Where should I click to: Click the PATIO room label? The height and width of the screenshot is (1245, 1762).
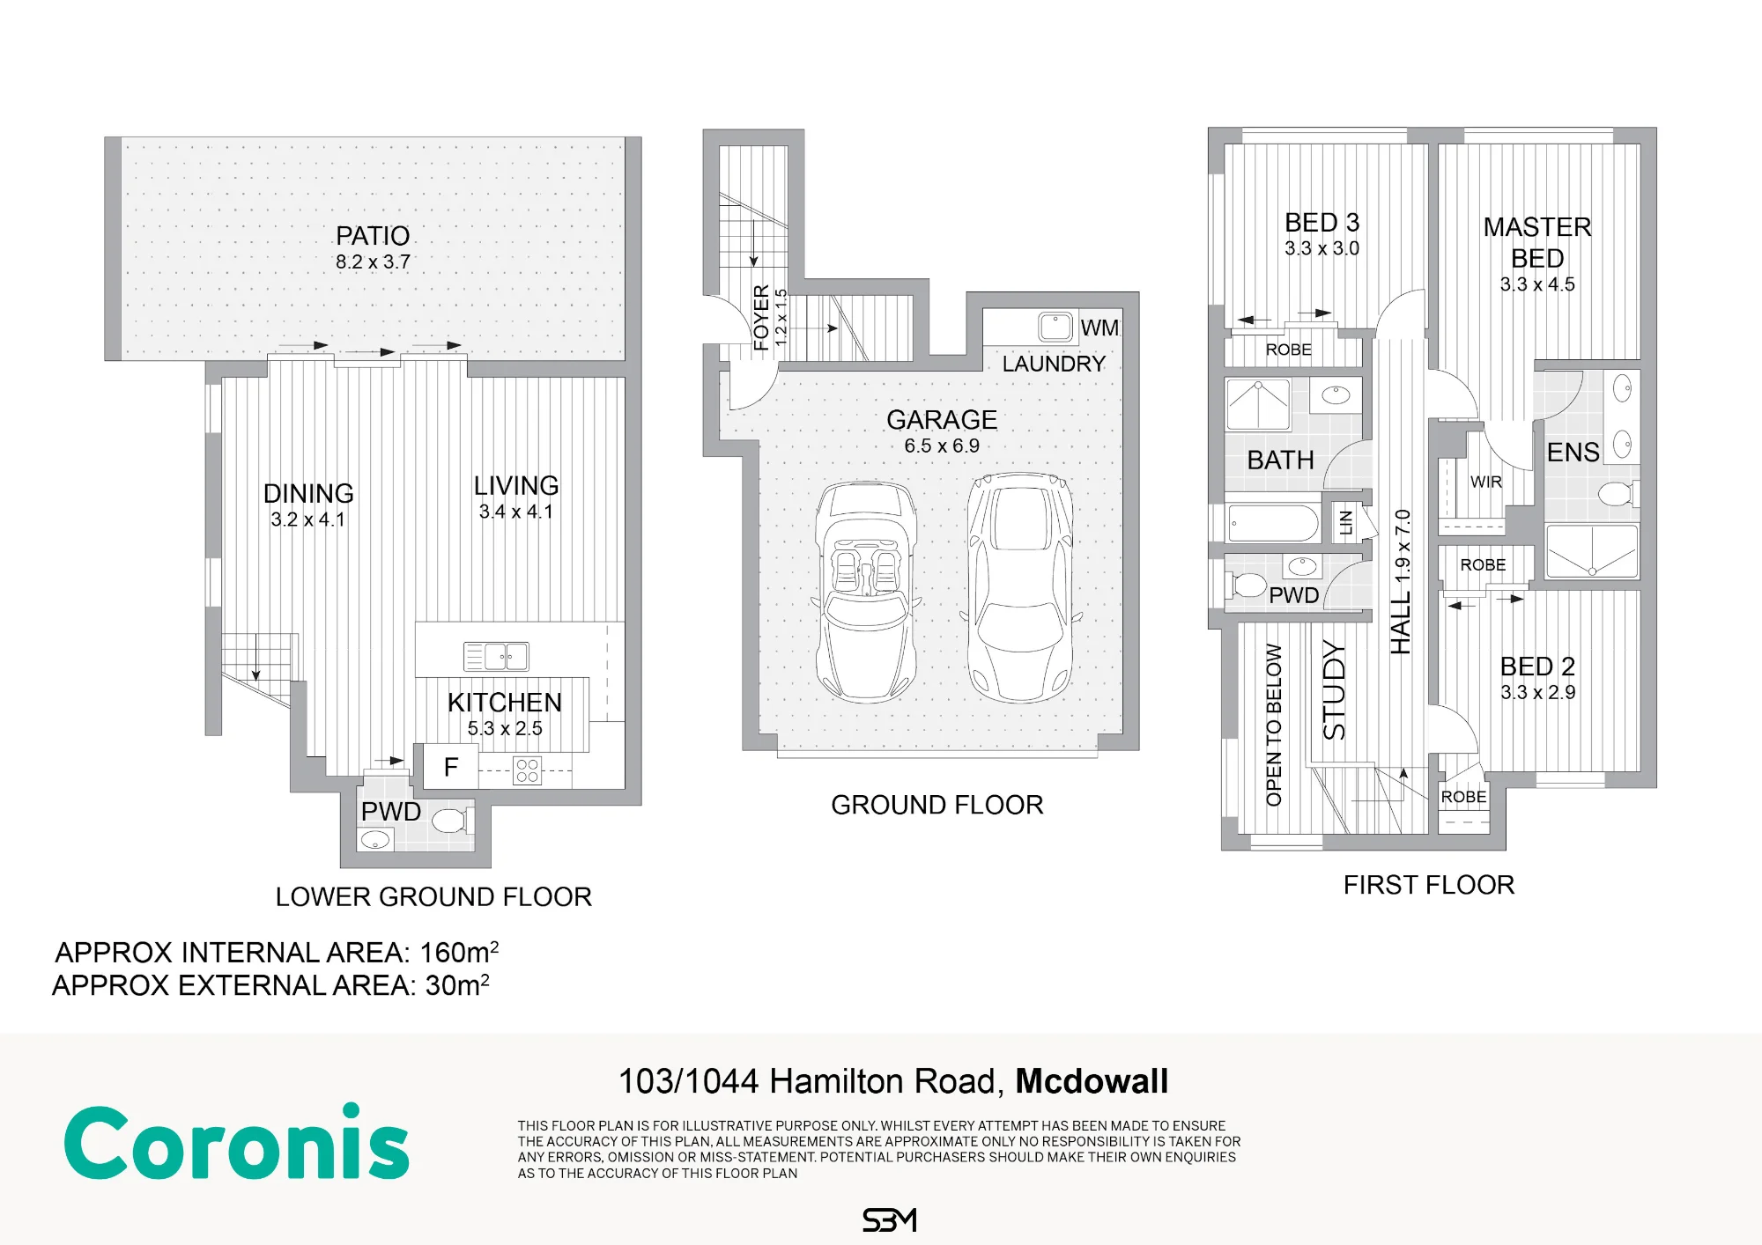tap(373, 236)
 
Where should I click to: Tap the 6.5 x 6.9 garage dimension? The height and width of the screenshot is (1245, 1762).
tap(942, 446)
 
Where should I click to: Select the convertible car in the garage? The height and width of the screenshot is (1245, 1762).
tap(865, 592)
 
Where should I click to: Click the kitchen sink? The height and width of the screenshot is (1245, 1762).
tap(496, 656)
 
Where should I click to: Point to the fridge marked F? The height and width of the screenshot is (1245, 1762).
tap(451, 767)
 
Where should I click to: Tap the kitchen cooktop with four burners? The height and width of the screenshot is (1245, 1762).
tap(527, 770)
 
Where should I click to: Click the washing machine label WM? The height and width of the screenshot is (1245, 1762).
tap(1099, 328)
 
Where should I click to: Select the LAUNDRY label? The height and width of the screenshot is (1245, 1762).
tap(1054, 364)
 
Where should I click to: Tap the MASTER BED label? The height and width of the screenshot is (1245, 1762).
tap(1537, 242)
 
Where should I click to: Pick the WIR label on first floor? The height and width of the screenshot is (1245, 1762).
tap(1486, 482)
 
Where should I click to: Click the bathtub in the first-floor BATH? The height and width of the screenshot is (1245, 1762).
tap(1273, 523)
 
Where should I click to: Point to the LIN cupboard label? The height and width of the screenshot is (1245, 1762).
tap(1345, 523)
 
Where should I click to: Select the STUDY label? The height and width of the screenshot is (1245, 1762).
tap(1334, 690)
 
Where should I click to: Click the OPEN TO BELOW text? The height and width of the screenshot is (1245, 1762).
tap(1274, 725)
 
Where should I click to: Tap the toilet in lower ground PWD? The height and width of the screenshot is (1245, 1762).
tap(451, 821)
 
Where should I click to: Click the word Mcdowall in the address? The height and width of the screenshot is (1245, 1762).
tap(1092, 1081)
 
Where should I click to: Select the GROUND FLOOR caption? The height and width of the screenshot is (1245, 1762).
tap(937, 805)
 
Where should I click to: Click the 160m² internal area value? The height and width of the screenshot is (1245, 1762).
tap(459, 952)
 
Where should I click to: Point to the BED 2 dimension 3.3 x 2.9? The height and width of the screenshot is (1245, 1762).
tap(1537, 692)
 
